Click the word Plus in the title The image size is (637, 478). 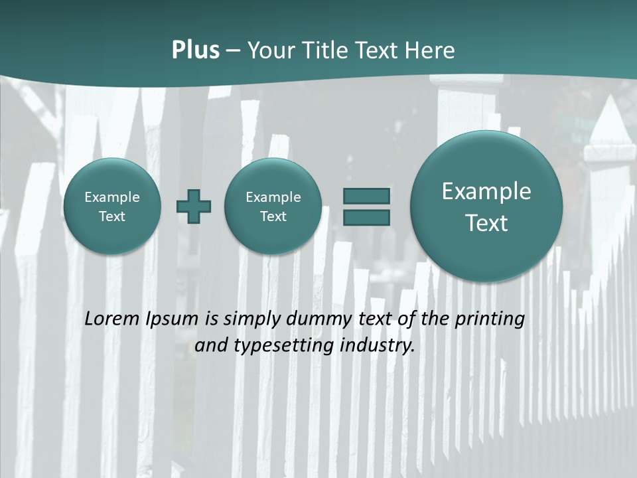coord(195,50)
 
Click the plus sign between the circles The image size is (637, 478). coord(194,206)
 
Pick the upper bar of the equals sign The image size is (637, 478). coord(366,196)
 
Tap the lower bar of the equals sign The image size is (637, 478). coord(366,218)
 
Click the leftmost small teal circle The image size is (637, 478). coord(112,206)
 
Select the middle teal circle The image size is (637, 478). coord(273,206)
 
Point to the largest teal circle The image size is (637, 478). coord(486,206)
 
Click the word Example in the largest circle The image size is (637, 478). coord(486,191)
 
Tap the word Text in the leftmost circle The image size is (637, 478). coord(112,216)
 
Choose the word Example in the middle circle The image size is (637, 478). coord(273,197)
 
